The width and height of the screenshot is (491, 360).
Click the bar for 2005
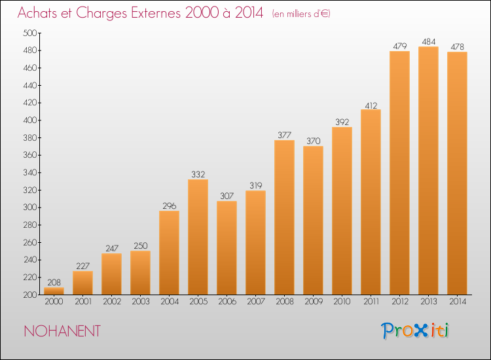click(198, 237)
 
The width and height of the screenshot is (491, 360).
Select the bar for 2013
click(428, 171)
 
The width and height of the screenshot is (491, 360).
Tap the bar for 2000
click(54, 291)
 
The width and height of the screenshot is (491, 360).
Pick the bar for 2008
click(284, 217)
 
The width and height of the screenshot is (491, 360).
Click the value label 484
click(429, 42)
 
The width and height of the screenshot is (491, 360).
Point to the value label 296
click(170, 206)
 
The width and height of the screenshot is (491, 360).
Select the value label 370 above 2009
click(314, 141)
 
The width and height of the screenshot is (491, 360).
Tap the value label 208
click(54, 282)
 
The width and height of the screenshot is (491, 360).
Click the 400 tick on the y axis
click(30, 120)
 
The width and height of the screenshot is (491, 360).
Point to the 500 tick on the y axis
click(30, 33)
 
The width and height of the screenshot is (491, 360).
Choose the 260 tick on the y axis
click(30, 242)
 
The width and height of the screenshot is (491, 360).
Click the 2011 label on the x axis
click(371, 302)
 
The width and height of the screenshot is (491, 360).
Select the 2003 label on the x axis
click(141, 302)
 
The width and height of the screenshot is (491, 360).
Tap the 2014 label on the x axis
click(458, 302)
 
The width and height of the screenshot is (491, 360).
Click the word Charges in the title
click(101, 14)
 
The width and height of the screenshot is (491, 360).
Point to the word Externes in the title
click(156, 12)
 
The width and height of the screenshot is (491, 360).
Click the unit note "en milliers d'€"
click(301, 14)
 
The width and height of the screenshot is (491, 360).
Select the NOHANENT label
click(62, 331)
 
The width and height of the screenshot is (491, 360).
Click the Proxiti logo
click(415, 331)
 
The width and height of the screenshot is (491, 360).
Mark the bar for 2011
click(371, 202)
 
